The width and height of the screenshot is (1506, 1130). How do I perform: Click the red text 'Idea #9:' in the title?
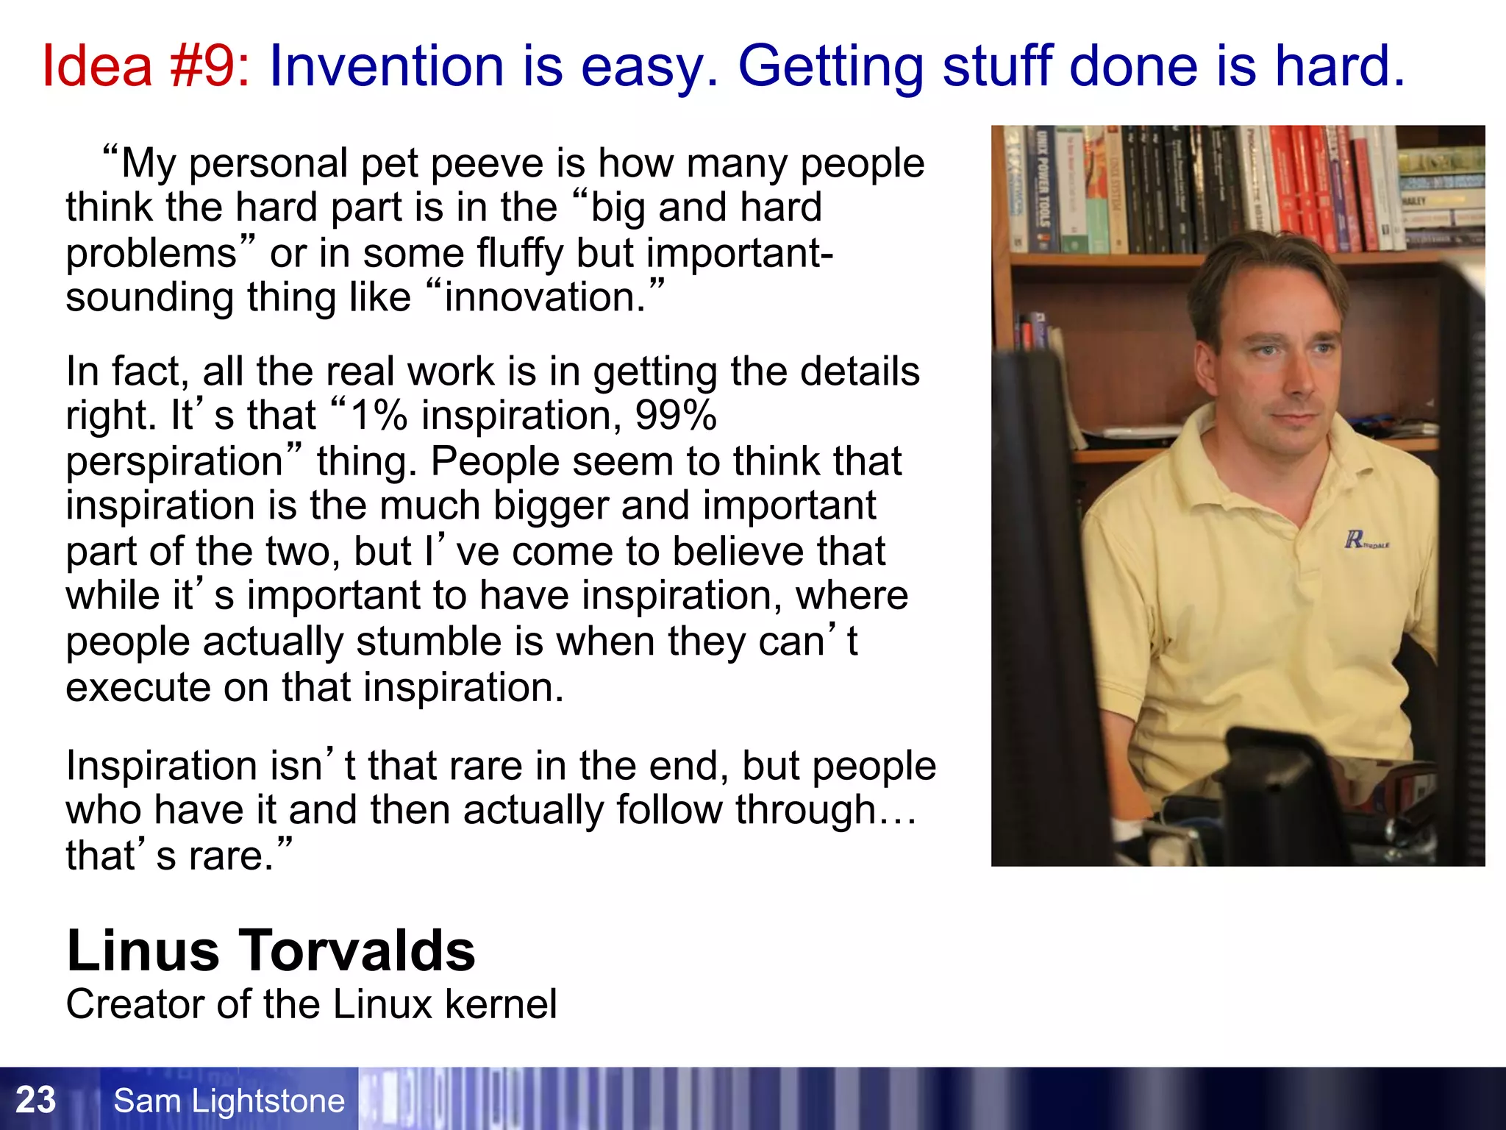146,66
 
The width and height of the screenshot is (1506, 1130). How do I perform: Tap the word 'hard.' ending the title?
1340,66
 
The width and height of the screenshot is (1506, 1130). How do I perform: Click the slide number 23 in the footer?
35,1100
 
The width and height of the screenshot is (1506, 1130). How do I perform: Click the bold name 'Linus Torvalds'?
271,950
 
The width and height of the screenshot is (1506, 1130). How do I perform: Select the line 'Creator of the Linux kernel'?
311,1004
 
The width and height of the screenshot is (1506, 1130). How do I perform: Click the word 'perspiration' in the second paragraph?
174,462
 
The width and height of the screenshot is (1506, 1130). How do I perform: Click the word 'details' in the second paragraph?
860,372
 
